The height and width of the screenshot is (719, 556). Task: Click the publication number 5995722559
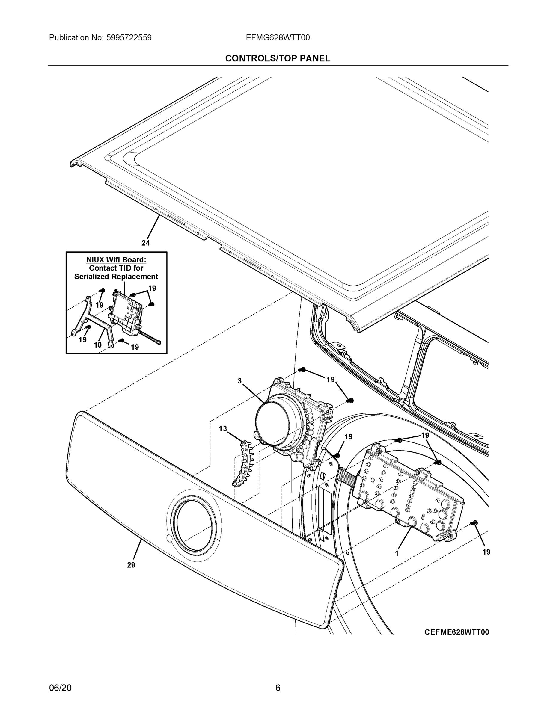click(129, 37)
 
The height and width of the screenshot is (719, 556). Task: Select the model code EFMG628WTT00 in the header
click(278, 37)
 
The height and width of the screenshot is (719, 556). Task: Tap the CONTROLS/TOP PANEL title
click(278, 58)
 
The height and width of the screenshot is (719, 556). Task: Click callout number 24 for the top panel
click(146, 243)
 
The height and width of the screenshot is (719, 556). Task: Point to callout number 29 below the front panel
click(131, 565)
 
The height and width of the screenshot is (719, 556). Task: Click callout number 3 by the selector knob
click(239, 381)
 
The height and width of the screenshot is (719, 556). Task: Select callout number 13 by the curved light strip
click(223, 429)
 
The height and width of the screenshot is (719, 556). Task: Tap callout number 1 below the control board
click(397, 554)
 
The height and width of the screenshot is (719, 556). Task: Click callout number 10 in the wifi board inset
click(98, 345)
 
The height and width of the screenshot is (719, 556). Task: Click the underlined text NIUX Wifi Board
click(116, 260)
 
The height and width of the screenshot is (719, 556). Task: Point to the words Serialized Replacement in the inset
click(116, 277)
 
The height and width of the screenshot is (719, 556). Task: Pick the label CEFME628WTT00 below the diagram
click(456, 632)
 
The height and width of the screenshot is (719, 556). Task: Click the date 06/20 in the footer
click(60, 688)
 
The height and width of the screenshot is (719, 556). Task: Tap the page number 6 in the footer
click(278, 688)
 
